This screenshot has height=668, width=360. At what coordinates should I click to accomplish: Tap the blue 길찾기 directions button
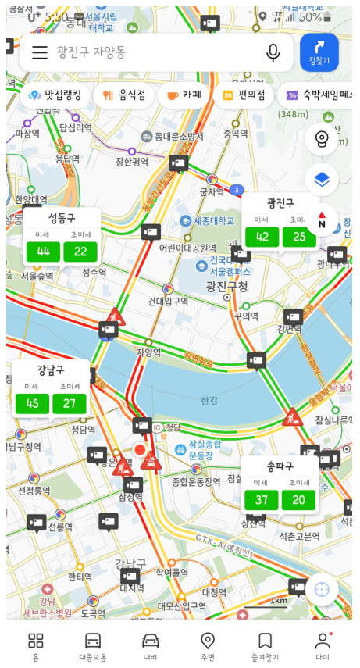tap(319, 52)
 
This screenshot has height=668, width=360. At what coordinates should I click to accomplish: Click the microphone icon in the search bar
tap(273, 52)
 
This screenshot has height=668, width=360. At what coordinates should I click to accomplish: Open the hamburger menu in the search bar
tap(40, 52)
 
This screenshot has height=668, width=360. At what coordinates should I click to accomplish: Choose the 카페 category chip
tap(184, 95)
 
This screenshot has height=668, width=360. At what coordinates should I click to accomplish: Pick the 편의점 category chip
tap(244, 95)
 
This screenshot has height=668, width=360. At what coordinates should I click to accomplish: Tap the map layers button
tap(322, 180)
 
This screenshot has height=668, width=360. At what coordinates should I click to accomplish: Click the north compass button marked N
tap(322, 220)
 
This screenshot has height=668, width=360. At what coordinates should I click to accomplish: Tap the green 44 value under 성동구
tap(43, 252)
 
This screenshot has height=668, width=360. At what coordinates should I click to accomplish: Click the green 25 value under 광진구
tap(299, 237)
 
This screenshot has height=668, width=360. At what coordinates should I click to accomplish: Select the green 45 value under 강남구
tap(32, 403)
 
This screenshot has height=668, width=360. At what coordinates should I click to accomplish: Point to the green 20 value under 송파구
tap(298, 500)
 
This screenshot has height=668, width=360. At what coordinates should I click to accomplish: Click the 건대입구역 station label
tap(168, 302)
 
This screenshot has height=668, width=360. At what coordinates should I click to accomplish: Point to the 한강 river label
tap(209, 401)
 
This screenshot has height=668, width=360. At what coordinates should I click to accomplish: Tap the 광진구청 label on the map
tap(227, 287)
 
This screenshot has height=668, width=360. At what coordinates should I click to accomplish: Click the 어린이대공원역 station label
tap(187, 248)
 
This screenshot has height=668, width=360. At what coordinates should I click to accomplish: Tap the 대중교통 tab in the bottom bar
tap(93, 646)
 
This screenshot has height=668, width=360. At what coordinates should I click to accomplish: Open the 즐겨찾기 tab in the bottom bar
tap(265, 646)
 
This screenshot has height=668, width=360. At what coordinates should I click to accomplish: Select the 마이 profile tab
tap(322, 646)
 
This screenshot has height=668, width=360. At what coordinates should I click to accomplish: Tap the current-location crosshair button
tap(322, 590)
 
